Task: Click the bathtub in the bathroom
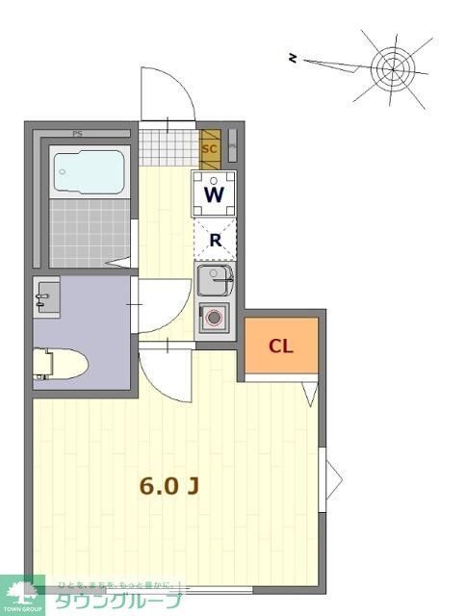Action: pyautogui.click(x=88, y=173)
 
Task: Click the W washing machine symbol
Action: pyautogui.click(x=215, y=194)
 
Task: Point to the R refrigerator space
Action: pyautogui.click(x=215, y=240)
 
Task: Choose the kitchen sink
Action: pyautogui.click(x=214, y=282)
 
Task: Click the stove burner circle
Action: pyautogui.click(x=215, y=317)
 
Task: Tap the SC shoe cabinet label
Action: pyautogui.click(x=209, y=149)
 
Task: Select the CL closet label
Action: pyautogui.click(x=280, y=346)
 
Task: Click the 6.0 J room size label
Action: pyautogui.click(x=169, y=486)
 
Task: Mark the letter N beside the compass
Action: pyautogui.click(x=294, y=59)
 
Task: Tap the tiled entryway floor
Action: pyautogui.click(x=167, y=147)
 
